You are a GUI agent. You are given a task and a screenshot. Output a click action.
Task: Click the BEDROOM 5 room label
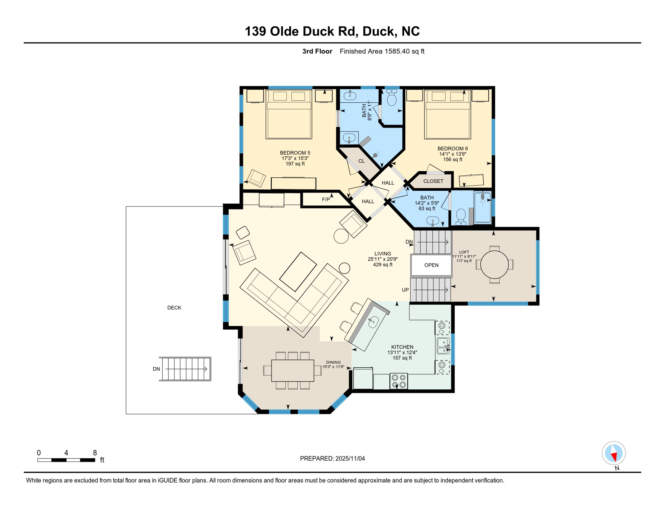[x=295, y=153]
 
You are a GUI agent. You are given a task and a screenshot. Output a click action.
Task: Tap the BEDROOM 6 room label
[x=453, y=149]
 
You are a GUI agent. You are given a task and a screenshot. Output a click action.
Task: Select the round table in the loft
[x=494, y=265]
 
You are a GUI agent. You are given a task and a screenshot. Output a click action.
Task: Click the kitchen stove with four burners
[x=399, y=381]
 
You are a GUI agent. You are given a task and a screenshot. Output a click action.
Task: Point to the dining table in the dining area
[x=293, y=370]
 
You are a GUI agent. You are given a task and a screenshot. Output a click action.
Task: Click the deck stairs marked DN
[x=185, y=369]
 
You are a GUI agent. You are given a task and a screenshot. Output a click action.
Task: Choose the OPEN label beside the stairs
[x=431, y=265]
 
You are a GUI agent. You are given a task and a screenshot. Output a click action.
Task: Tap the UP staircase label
[x=405, y=290]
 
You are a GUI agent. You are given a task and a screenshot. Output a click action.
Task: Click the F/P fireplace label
[x=326, y=200]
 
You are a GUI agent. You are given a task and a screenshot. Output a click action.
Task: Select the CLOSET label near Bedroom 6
[x=433, y=181]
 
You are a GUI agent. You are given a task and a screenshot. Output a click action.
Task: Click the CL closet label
[x=361, y=161]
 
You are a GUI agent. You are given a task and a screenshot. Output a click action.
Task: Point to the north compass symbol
[x=613, y=453]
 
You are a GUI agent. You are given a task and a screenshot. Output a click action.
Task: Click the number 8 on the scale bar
[x=95, y=453]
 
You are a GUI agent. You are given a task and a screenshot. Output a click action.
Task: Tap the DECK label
[x=174, y=308]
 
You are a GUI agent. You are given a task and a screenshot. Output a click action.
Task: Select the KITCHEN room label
[x=402, y=347]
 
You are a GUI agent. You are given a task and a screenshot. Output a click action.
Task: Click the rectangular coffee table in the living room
[x=298, y=272]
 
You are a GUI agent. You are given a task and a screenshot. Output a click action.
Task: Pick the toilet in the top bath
[x=391, y=97]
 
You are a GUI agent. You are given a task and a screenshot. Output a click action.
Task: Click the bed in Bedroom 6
[x=448, y=114]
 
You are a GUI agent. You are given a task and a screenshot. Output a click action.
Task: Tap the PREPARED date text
[x=332, y=458]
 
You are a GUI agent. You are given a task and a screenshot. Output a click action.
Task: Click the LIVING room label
[x=383, y=254]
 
